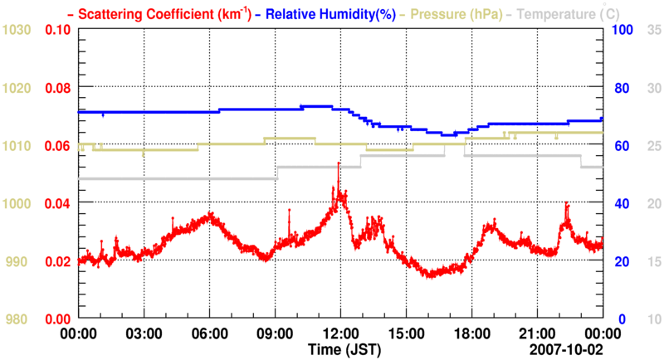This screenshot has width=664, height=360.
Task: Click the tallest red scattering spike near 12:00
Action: point(339,164)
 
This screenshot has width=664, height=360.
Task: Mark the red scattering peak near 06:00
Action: point(211,215)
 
